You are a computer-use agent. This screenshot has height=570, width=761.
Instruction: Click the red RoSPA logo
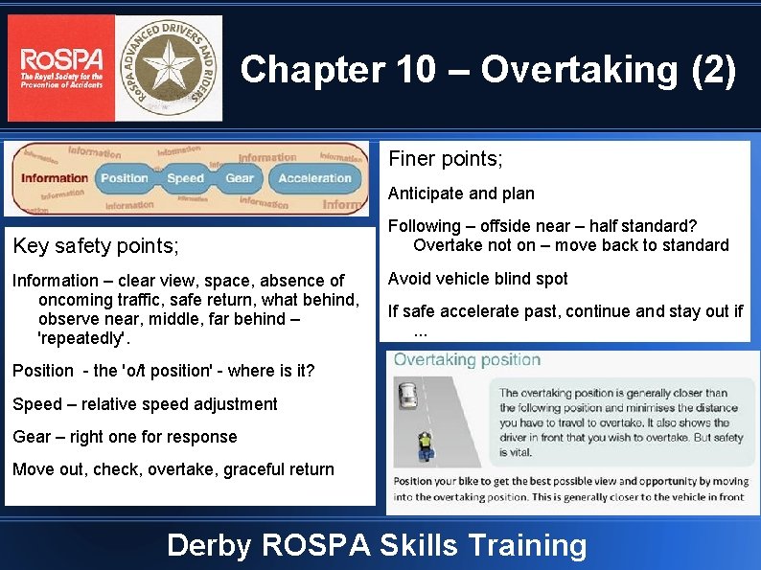tap(60, 68)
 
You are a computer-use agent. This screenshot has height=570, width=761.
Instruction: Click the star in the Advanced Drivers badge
tap(169, 68)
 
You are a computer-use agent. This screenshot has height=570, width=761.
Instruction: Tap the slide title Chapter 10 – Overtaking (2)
tap(489, 70)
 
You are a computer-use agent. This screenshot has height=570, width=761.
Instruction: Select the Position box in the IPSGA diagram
tap(125, 178)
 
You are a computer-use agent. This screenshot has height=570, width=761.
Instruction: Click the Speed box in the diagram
tap(185, 178)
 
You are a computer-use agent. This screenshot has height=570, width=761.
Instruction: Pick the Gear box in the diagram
tap(240, 178)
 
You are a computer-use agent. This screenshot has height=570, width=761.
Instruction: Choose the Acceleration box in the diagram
tap(314, 178)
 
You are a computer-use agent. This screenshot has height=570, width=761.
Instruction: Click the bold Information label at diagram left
tap(54, 178)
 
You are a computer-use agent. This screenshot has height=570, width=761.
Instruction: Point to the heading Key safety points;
tap(96, 246)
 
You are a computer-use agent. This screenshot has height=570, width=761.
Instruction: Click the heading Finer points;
tap(445, 157)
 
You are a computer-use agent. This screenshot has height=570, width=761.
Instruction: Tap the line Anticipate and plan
tap(461, 194)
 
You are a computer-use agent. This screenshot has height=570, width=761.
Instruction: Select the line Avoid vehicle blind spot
tap(477, 279)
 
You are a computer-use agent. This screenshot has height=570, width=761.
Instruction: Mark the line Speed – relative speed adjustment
tap(145, 404)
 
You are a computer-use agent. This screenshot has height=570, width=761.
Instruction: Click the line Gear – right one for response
tap(125, 437)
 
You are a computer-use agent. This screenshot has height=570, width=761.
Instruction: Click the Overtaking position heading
tap(467, 360)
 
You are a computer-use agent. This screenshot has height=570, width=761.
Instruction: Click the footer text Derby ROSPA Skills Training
tap(377, 545)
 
